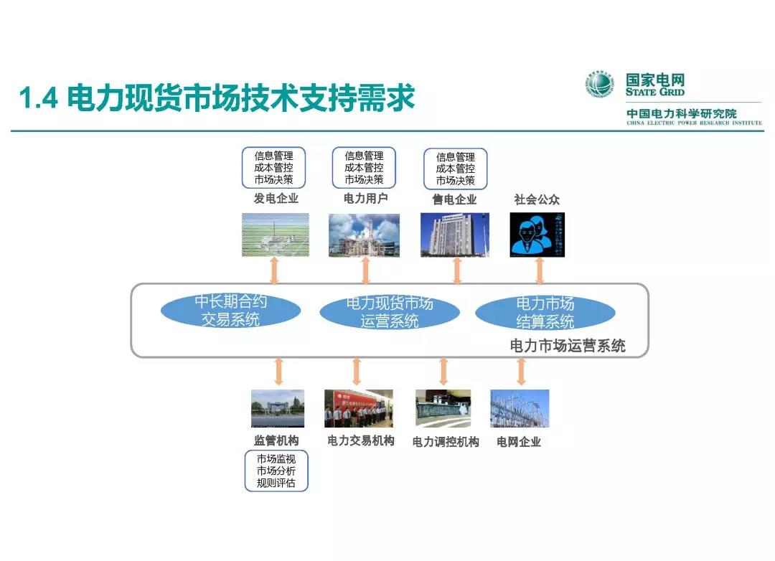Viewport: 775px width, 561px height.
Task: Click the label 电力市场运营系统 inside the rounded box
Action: coord(568,346)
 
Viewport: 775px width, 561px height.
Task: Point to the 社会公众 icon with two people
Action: coord(537,235)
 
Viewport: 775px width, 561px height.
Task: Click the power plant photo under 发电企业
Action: coord(275,235)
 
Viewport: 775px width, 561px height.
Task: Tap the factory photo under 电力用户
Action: coord(364,235)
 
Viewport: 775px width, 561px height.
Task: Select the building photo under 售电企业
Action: coord(455,235)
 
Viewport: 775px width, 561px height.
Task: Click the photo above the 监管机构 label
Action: coord(278,408)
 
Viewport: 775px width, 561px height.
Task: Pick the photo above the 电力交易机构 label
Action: coord(359,408)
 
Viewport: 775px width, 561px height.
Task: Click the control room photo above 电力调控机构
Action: coord(443,408)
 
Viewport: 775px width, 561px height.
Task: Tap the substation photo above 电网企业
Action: coord(520,408)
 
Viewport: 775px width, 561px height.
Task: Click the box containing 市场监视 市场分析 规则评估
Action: coord(276,471)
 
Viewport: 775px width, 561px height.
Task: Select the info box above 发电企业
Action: coord(273,168)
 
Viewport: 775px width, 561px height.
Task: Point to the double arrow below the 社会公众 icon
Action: coord(540,270)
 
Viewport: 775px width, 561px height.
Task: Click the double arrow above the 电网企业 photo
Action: coord(522,372)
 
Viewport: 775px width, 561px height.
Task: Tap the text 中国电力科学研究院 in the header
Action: coord(681,114)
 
